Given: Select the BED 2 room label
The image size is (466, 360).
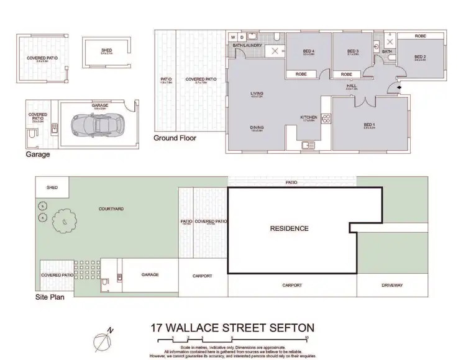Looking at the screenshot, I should (x=421, y=57).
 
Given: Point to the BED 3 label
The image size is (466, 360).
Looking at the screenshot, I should (x=353, y=51).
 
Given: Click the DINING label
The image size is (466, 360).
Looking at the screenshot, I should (x=257, y=127).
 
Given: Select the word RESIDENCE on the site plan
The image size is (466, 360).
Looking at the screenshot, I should (x=289, y=228).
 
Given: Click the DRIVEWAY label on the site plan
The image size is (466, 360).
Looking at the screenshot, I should (x=392, y=286).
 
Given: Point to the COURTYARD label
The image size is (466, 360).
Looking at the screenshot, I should (x=111, y=209).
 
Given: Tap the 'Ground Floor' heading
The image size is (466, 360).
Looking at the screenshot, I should (x=175, y=138).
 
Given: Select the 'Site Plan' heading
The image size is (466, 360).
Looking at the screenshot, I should (x=50, y=296).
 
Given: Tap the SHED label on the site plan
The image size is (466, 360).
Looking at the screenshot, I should (x=52, y=187).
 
